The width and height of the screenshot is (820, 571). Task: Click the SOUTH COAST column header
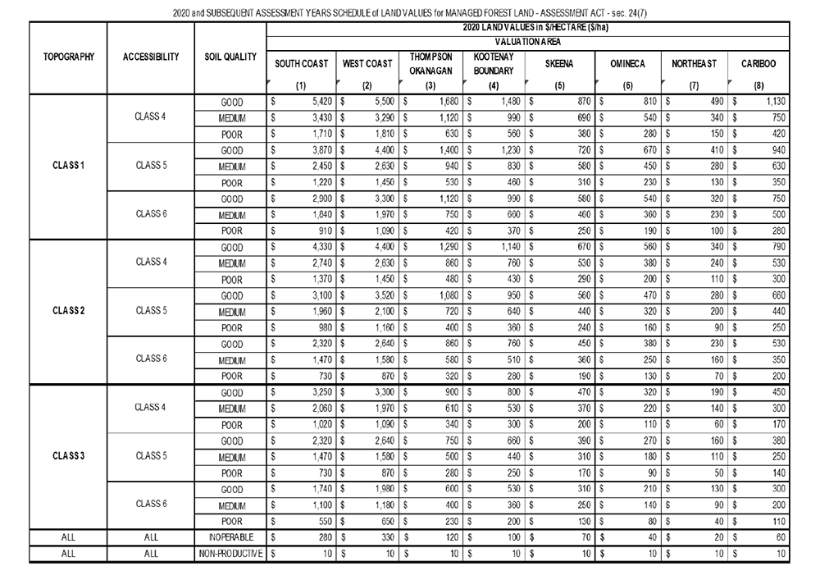tap(301, 63)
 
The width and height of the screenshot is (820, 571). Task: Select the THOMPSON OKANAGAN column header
tap(430, 63)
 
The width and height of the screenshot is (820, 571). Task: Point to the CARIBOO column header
tap(760, 63)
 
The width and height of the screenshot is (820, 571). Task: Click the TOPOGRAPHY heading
tap(69, 57)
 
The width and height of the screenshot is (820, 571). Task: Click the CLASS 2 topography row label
tap(69, 311)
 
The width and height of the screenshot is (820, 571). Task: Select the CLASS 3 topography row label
tap(69, 456)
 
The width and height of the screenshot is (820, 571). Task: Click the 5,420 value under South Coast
tap(315, 103)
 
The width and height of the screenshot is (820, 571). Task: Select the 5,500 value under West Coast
tap(383, 103)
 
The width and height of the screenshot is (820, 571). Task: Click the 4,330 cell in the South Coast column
tap(315, 247)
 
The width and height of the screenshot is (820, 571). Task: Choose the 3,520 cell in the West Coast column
tap(383, 295)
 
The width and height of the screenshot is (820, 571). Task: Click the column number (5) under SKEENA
tap(559, 86)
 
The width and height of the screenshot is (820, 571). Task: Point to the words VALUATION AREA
tap(528, 40)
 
